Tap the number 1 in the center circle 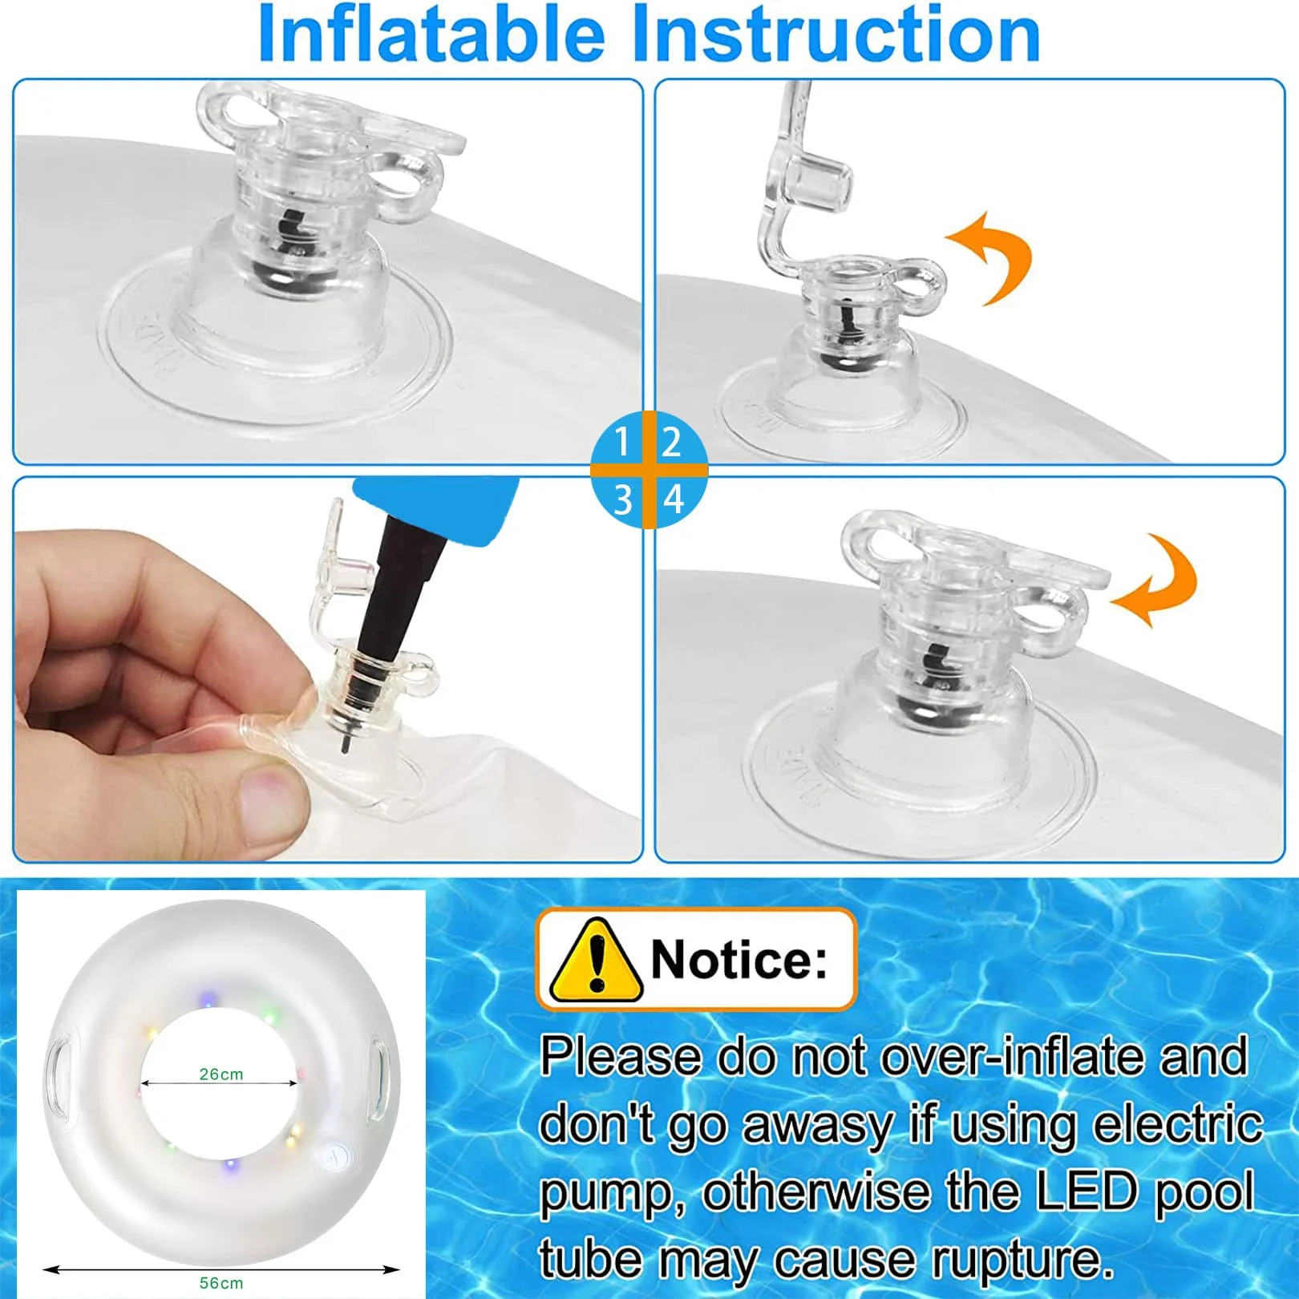point(621,443)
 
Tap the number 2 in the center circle point(672,443)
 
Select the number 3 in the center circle point(623,500)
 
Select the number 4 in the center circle point(674,500)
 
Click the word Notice point(739,959)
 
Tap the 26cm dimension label point(221,1074)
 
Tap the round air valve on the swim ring point(334,1155)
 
